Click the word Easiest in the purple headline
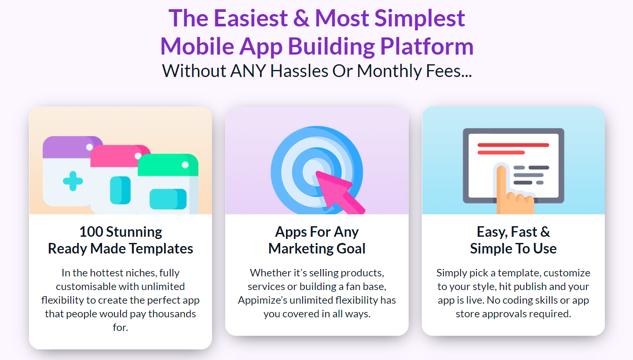(x=251, y=18)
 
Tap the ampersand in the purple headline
(x=301, y=18)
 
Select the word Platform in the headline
(x=427, y=47)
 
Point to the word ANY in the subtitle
(x=248, y=71)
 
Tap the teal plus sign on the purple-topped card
(x=73, y=181)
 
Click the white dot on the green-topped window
(x=185, y=165)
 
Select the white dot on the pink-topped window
(x=138, y=156)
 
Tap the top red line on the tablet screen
(x=513, y=145)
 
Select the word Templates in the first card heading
(x=161, y=249)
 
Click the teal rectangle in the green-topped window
(x=168, y=199)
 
